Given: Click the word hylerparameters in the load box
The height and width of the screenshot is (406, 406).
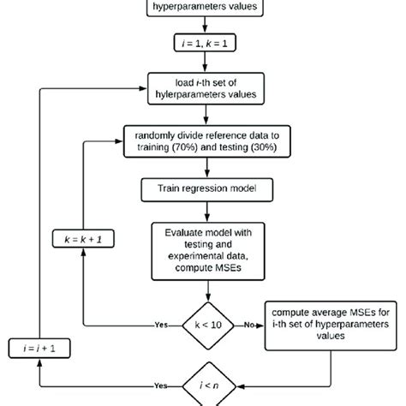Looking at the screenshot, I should tap(186, 96).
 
